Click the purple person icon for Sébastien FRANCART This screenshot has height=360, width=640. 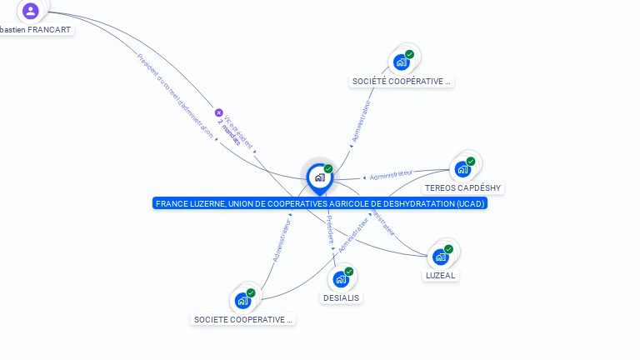[x=31, y=11]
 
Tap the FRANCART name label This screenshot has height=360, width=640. [x=36, y=29]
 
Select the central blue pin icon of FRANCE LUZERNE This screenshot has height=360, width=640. [x=319, y=177]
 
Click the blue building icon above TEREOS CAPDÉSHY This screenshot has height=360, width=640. [x=462, y=169]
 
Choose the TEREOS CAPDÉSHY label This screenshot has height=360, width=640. [x=462, y=187]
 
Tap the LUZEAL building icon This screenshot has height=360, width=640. [x=440, y=257]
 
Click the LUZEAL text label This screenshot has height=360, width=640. [x=440, y=275]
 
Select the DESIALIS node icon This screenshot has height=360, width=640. [x=341, y=279]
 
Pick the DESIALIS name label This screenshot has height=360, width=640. [x=341, y=297]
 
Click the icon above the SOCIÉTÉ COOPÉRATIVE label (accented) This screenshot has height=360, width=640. [x=402, y=62]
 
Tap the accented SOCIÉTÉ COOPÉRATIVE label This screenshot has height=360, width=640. [x=402, y=81]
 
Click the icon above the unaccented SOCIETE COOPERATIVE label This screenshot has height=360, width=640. [x=242, y=300]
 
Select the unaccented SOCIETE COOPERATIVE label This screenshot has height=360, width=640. [x=242, y=319]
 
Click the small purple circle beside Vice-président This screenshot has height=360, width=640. [x=219, y=112]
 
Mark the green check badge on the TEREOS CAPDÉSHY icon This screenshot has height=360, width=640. [x=471, y=161]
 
